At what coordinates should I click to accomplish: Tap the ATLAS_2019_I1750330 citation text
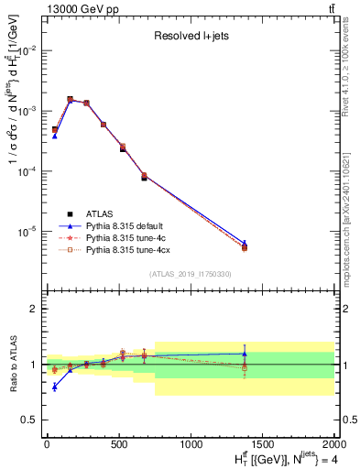(189, 274)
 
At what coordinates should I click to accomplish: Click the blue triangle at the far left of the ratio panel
(55, 387)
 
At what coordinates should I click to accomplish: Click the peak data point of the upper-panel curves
(70, 99)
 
